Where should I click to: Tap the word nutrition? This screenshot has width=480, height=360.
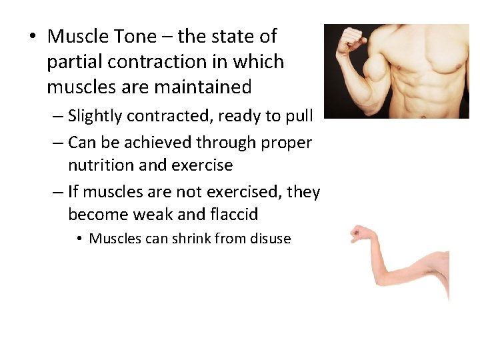pos(101,165)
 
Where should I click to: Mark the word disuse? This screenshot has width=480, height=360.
pos(270,239)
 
